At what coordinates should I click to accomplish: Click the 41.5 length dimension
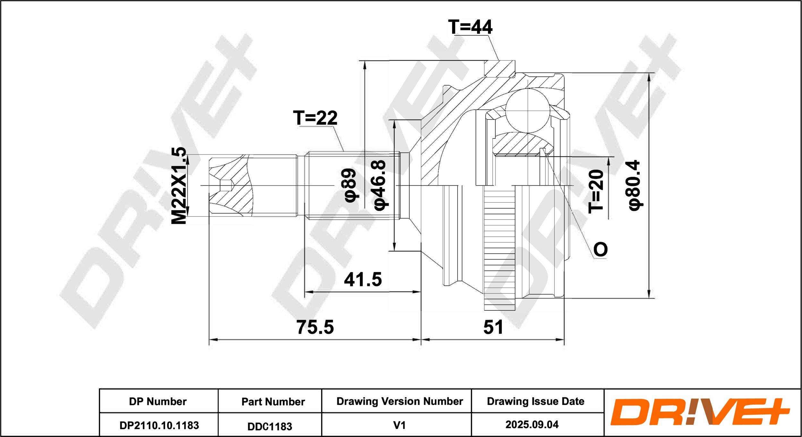tap(363, 279)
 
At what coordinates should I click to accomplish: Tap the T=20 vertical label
tap(596, 191)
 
